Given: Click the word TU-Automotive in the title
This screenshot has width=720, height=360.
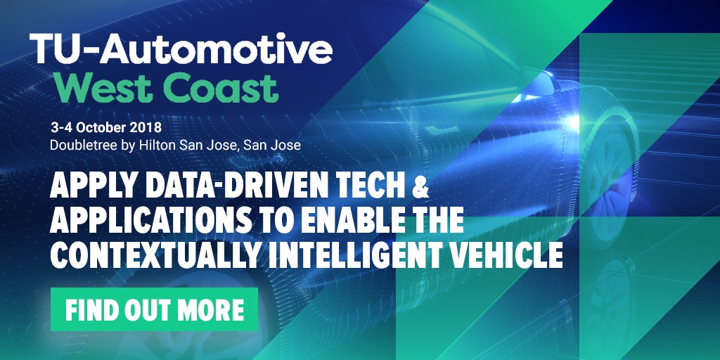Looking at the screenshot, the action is pos(181,49).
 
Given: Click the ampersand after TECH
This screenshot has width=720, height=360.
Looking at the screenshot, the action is pos(420,188).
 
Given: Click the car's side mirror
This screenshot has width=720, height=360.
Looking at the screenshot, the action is pos(538,82).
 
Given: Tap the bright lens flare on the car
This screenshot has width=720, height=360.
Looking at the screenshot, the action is pos(573,122).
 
